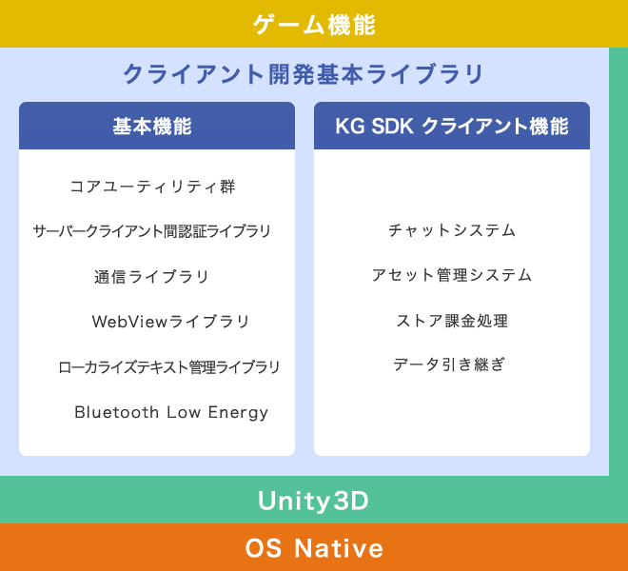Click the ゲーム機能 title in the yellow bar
(314, 25)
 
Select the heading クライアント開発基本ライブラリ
(304, 74)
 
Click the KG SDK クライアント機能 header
(452, 127)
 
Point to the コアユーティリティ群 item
(152, 187)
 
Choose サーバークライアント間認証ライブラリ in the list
(152, 231)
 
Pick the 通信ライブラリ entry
(152, 277)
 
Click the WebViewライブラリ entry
(171, 322)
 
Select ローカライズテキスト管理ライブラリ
(169, 367)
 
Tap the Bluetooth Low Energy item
(171, 413)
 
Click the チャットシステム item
(452, 230)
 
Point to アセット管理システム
(452, 275)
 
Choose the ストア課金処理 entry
(452, 321)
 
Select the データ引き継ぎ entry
(449, 364)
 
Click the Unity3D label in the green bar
(313, 501)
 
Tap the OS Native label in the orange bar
(314, 548)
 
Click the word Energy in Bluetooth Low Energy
(238, 413)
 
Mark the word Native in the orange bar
(339, 548)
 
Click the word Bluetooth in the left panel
(116, 412)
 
